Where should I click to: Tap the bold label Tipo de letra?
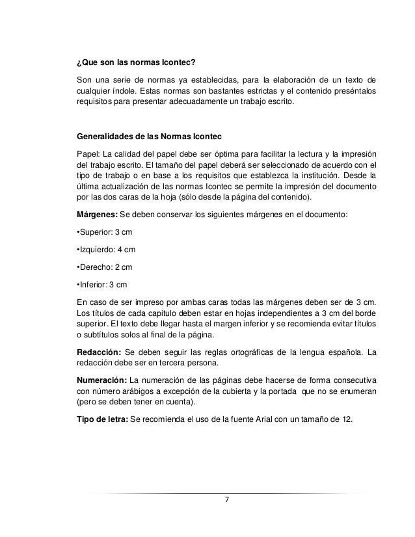[x=102, y=418]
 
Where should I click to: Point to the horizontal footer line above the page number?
[x=226, y=491]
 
